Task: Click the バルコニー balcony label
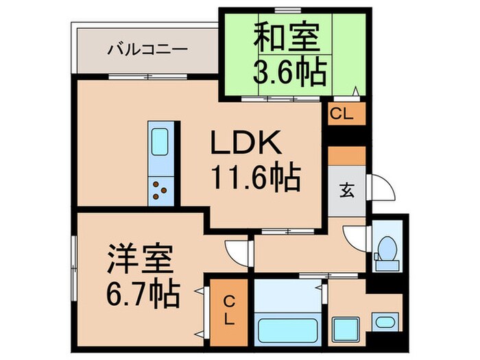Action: [x=147, y=50]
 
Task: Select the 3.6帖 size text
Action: [x=289, y=72]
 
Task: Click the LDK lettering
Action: [x=244, y=145]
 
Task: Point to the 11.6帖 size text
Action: [x=254, y=179]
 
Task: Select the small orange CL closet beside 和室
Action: [x=341, y=115]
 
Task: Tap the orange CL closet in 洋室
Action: [x=229, y=309]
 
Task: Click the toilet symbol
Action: [x=388, y=251]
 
